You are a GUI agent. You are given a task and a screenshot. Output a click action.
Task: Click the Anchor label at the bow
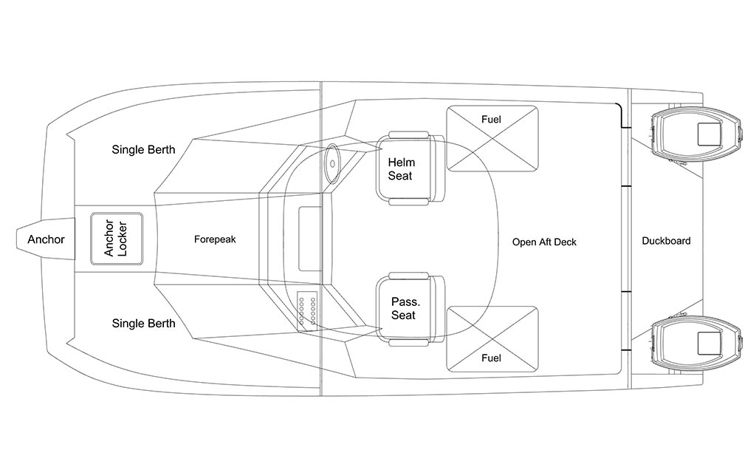click(x=46, y=239)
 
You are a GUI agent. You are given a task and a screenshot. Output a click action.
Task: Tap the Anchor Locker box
click(x=117, y=239)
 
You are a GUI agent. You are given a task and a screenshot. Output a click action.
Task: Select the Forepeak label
click(x=215, y=239)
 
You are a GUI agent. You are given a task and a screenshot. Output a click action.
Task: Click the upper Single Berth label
click(x=143, y=149)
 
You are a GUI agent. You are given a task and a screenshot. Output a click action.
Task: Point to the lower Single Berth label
click(x=143, y=323)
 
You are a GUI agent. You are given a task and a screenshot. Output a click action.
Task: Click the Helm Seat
click(x=410, y=168)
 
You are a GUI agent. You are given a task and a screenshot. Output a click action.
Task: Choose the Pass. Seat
click(x=410, y=309)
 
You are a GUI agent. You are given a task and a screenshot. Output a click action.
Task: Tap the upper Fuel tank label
click(x=491, y=119)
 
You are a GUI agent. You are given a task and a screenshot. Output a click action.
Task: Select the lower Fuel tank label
click(x=491, y=358)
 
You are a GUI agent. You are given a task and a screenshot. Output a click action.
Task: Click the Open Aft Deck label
click(x=544, y=242)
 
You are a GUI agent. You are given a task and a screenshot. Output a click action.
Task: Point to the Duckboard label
click(x=666, y=241)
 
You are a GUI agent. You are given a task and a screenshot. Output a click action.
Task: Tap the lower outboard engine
click(x=695, y=344)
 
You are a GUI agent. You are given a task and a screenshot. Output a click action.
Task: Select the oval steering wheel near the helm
click(x=332, y=163)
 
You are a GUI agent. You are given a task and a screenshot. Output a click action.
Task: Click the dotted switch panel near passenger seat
click(x=307, y=312)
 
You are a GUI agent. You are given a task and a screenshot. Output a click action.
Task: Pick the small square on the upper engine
click(x=709, y=134)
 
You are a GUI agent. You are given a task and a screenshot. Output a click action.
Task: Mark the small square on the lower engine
click(x=709, y=344)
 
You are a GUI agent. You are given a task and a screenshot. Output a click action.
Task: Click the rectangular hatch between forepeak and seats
click(x=310, y=239)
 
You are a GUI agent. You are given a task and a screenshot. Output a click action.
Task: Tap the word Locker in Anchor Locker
click(x=123, y=239)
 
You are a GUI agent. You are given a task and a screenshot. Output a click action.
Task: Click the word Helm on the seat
click(x=401, y=162)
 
